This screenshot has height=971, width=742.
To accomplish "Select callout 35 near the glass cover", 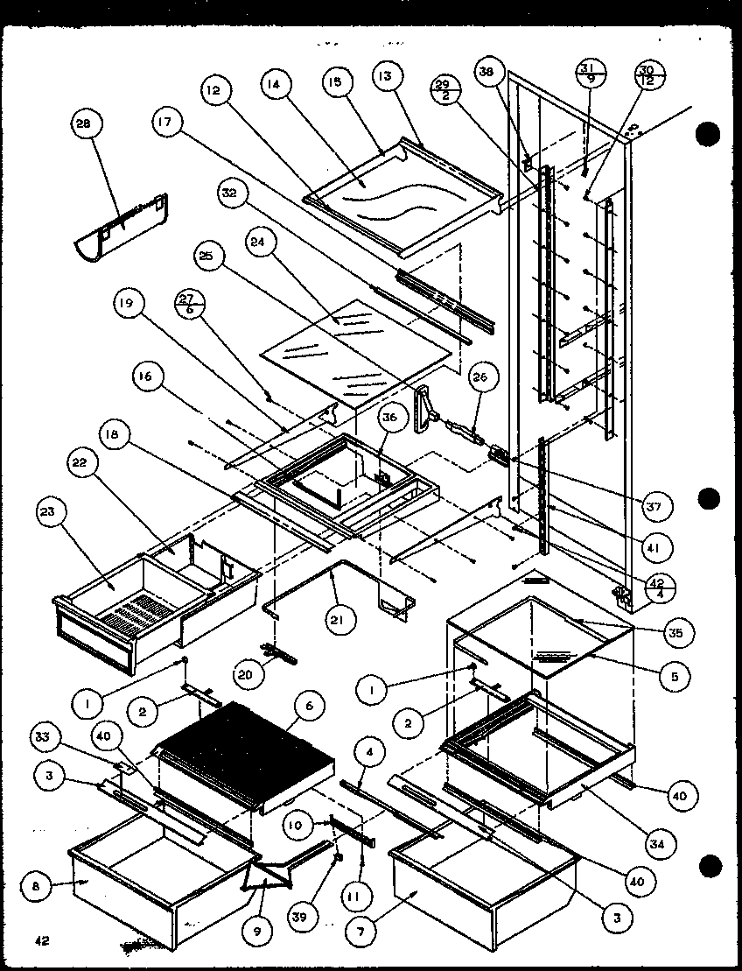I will pyautogui.click(x=678, y=630).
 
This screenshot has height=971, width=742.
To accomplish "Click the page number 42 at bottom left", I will pyautogui.click(x=41, y=941).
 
